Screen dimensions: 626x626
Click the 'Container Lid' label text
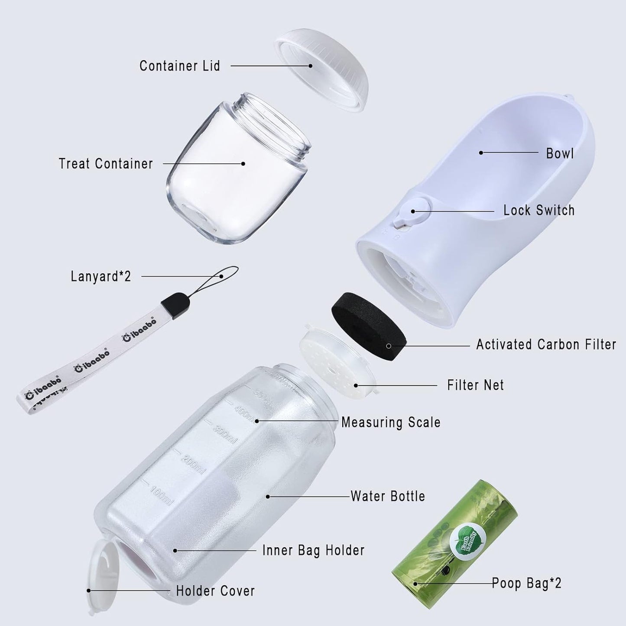point(179,66)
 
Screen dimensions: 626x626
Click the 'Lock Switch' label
point(538,211)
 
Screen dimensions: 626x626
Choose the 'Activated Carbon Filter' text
point(546,344)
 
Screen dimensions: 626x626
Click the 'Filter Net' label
point(475,385)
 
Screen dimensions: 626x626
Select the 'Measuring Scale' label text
point(391,422)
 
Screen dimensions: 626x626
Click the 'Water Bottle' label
point(388,496)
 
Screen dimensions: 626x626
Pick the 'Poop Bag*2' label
point(526,583)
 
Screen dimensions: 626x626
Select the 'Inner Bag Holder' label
point(313,550)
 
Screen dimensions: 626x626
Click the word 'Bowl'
point(560,153)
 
